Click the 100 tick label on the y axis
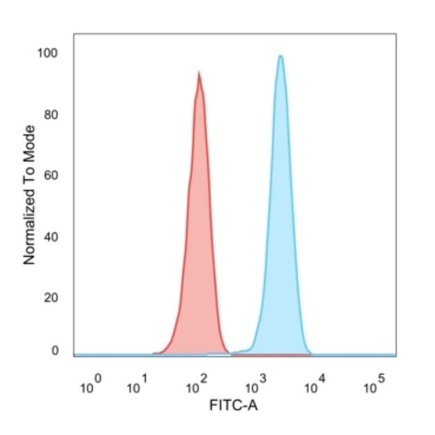[x=47, y=54]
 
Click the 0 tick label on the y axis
[x=55, y=351]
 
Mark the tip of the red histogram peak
[x=198, y=72]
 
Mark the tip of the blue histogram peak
[x=280, y=56]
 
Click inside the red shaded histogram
[x=198, y=256]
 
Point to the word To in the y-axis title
[x=29, y=175]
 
